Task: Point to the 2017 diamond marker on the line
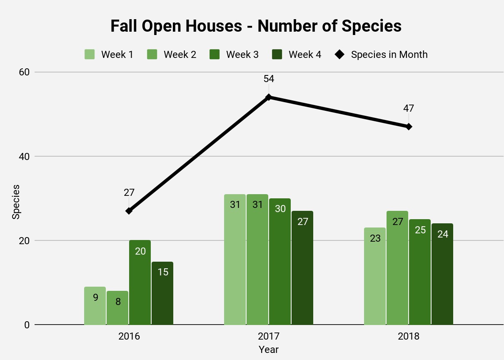(x=269, y=97)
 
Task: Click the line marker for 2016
(x=129, y=211)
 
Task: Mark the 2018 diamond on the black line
(x=409, y=127)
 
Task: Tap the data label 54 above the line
(x=269, y=79)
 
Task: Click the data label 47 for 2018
(x=409, y=108)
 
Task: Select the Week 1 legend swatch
(x=90, y=55)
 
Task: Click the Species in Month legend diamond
(x=339, y=55)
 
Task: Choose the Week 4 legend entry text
(x=305, y=55)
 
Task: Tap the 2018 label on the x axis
(x=409, y=337)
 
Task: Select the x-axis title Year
(x=268, y=349)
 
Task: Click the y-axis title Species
(x=16, y=202)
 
